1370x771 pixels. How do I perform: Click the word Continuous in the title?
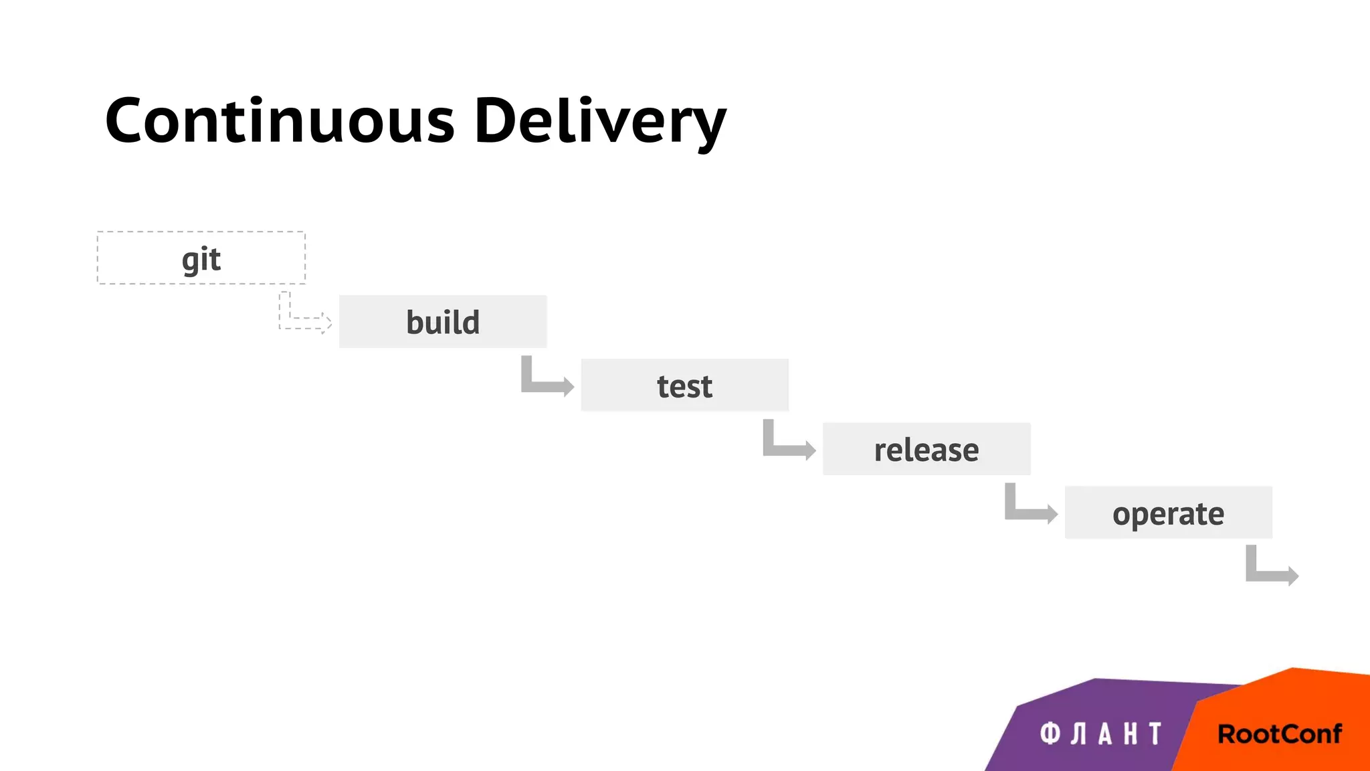(280, 121)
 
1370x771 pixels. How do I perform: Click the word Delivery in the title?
(599, 121)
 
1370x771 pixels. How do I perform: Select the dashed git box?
(201, 258)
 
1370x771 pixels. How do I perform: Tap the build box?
(443, 322)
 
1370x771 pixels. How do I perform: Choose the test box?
(684, 385)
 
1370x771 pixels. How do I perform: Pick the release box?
(926, 449)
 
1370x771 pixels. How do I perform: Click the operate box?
(1168, 513)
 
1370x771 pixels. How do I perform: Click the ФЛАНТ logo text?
(1100, 734)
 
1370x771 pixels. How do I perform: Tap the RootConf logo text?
(1279, 734)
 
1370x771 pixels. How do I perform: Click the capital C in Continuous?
(130, 121)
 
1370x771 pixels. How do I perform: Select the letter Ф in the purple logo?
(1050, 734)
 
